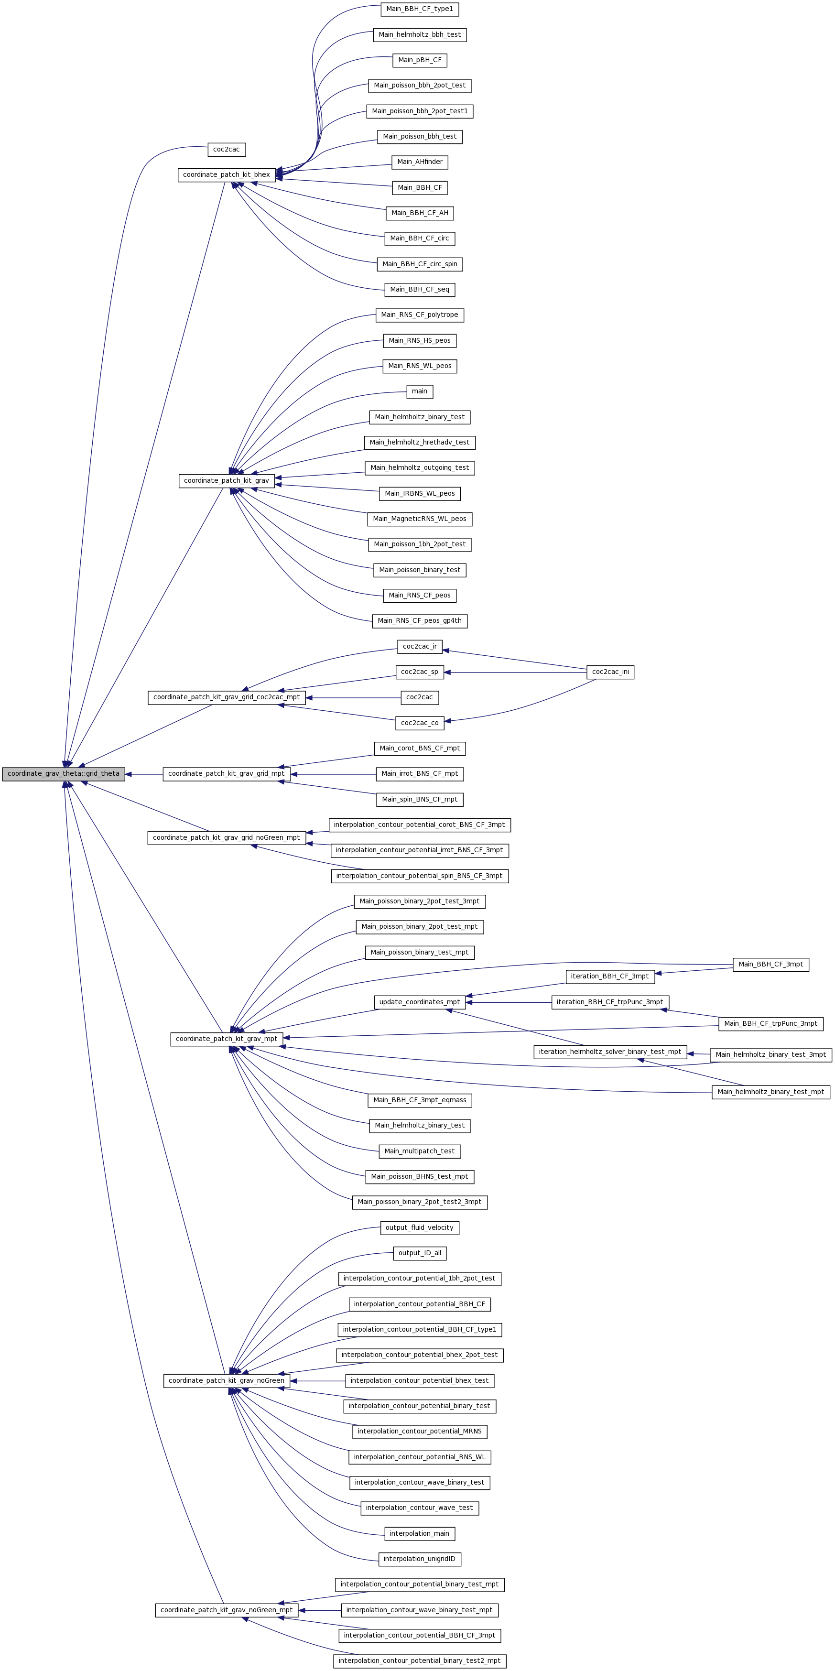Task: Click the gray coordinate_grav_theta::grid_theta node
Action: (64, 774)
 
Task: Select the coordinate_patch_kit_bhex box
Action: (227, 175)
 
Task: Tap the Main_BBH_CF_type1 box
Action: (420, 9)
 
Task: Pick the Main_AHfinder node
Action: (420, 162)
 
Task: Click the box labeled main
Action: (420, 392)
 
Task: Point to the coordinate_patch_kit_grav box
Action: (227, 481)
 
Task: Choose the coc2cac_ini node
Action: (610, 672)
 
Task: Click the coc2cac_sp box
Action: (420, 672)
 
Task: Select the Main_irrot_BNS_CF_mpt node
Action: (420, 774)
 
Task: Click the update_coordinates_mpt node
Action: (420, 1002)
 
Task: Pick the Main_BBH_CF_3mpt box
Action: (771, 965)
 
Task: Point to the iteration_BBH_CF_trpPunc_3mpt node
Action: (610, 1002)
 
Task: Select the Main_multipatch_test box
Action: (420, 1151)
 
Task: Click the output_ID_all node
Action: (420, 1253)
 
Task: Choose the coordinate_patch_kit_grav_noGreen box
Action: (227, 1381)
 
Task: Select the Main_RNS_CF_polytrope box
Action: (420, 315)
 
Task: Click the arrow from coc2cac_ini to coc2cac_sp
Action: (515, 672)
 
